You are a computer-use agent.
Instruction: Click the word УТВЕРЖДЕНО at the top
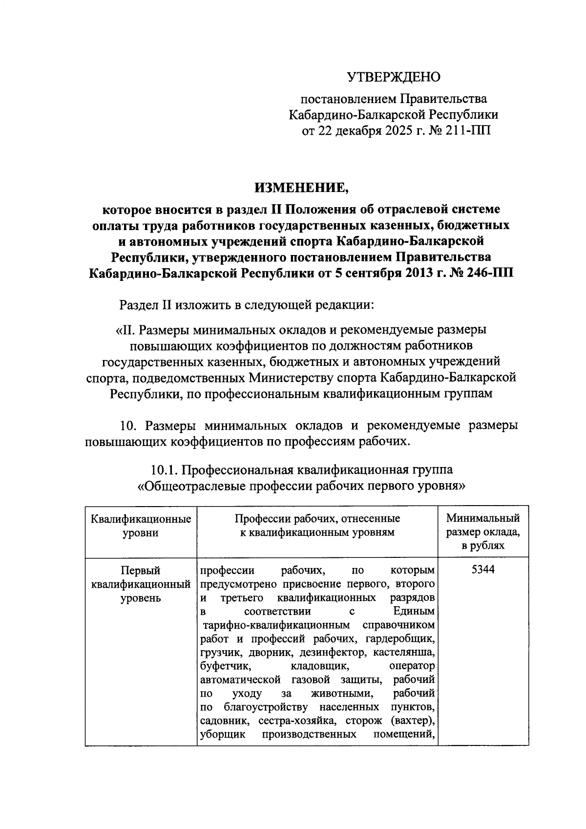(394, 77)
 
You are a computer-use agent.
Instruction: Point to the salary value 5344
(483, 570)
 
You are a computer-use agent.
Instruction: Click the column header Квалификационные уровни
(141, 525)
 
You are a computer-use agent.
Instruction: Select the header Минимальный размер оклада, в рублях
(483, 532)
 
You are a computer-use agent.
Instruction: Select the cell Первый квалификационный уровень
(141, 584)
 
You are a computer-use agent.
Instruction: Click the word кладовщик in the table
(320, 666)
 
